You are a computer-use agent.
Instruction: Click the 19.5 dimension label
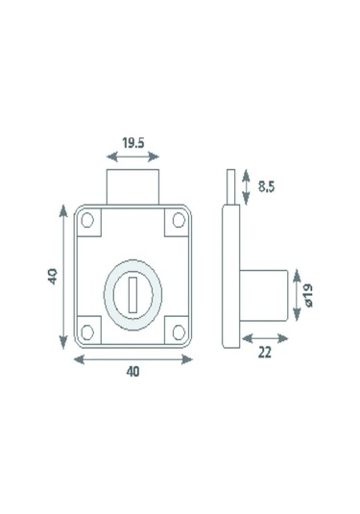[133, 143]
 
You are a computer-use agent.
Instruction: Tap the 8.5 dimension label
[266, 186]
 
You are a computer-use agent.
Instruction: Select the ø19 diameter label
[308, 295]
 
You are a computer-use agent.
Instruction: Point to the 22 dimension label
[265, 353]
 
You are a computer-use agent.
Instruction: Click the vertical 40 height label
[53, 277]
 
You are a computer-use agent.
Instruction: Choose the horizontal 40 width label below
[133, 372]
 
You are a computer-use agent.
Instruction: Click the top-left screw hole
[87, 220]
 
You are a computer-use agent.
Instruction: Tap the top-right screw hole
[179, 220]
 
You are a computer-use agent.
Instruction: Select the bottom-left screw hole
[87, 332]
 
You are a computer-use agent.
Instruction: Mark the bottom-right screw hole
[179, 332]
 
